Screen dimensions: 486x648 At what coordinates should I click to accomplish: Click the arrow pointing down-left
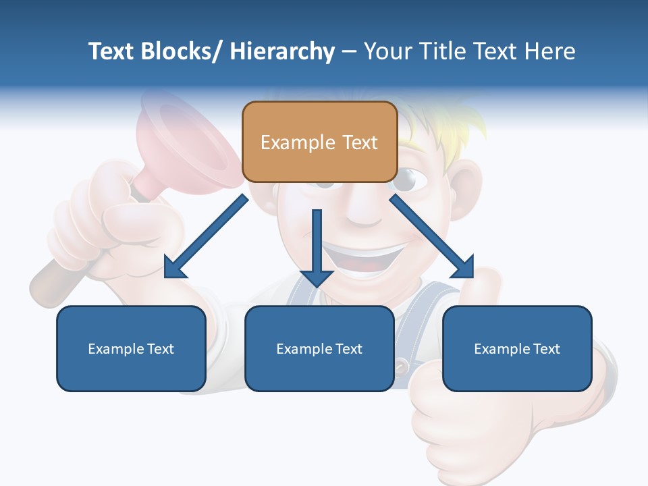click(206, 237)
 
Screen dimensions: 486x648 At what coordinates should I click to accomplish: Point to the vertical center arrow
click(317, 246)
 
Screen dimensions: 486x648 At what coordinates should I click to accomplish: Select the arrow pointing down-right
click(432, 236)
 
